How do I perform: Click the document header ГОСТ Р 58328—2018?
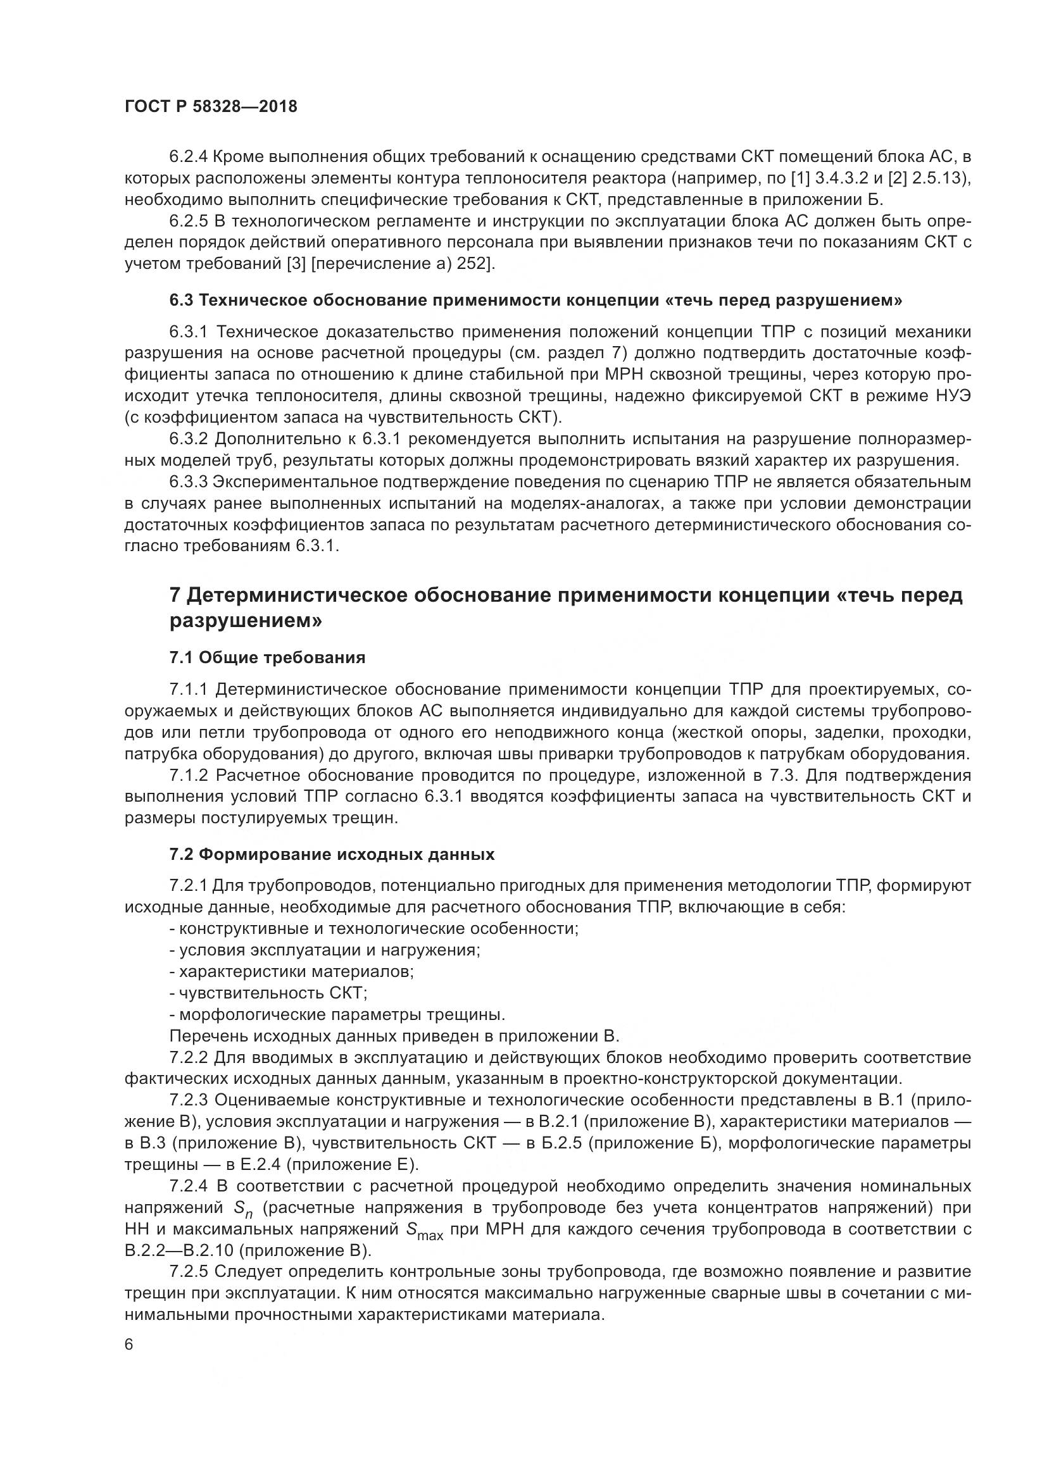coord(211,107)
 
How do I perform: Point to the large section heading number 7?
coord(175,595)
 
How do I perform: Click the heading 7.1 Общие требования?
coord(267,657)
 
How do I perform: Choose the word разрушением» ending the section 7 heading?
coord(246,621)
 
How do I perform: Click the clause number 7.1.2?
coord(188,776)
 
